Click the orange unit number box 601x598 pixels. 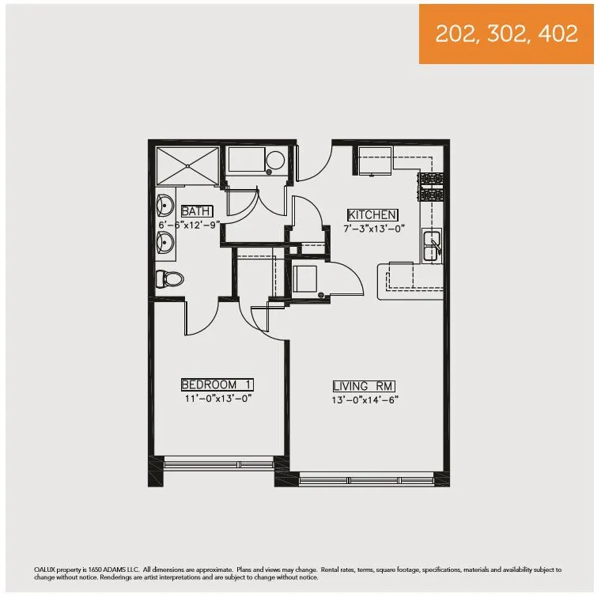coord(506,33)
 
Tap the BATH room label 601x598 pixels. coord(197,211)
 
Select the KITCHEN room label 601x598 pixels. coord(373,214)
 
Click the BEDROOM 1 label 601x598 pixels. coord(217,385)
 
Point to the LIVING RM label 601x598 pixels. coord(364,386)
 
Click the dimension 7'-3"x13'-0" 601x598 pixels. coord(373,228)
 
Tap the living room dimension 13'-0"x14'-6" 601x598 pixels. coord(365,399)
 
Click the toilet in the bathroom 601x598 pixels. coord(170,278)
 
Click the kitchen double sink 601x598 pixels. coord(432,245)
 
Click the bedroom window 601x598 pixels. coord(217,464)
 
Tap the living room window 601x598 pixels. coord(366,479)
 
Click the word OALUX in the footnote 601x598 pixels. coord(46,570)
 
